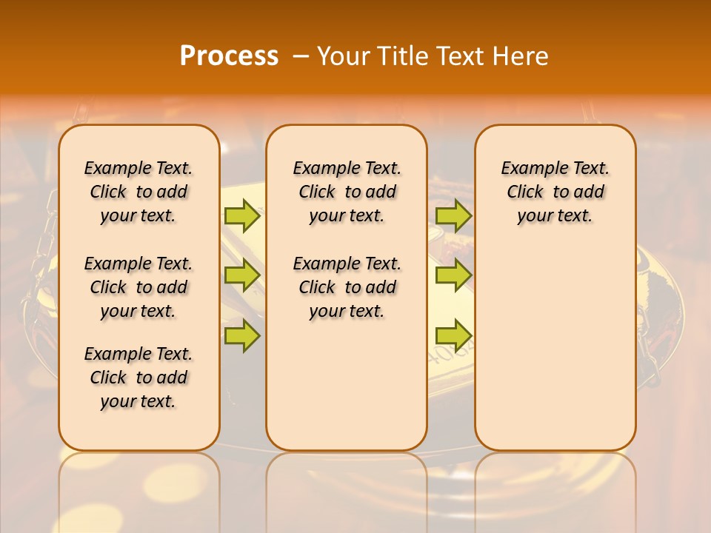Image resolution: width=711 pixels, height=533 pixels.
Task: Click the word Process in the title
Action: click(229, 56)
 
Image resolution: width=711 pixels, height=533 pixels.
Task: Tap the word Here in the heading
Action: click(521, 56)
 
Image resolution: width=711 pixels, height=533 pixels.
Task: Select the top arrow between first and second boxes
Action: click(241, 215)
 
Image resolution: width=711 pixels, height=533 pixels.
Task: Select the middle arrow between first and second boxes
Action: click(241, 275)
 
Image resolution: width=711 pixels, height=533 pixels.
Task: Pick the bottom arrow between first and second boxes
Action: click(241, 335)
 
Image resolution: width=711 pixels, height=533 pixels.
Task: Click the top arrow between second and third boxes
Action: click(453, 215)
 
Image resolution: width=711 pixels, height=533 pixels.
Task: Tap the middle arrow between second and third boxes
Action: click(453, 275)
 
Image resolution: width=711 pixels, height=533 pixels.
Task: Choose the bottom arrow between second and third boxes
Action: click(453, 335)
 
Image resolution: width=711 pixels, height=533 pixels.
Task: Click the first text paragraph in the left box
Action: click(138, 192)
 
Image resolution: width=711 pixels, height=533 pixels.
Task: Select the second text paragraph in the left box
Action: click(138, 287)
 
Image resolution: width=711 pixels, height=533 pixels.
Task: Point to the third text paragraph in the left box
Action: click(138, 378)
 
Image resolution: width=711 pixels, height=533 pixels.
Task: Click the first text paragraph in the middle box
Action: click(347, 192)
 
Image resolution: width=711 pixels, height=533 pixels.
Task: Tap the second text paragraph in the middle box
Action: click(347, 287)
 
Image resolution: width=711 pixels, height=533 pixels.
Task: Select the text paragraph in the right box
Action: click(555, 192)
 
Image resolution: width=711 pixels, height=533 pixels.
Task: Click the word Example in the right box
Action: click(527, 169)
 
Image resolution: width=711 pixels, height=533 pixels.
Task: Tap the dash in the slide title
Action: click(301, 56)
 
